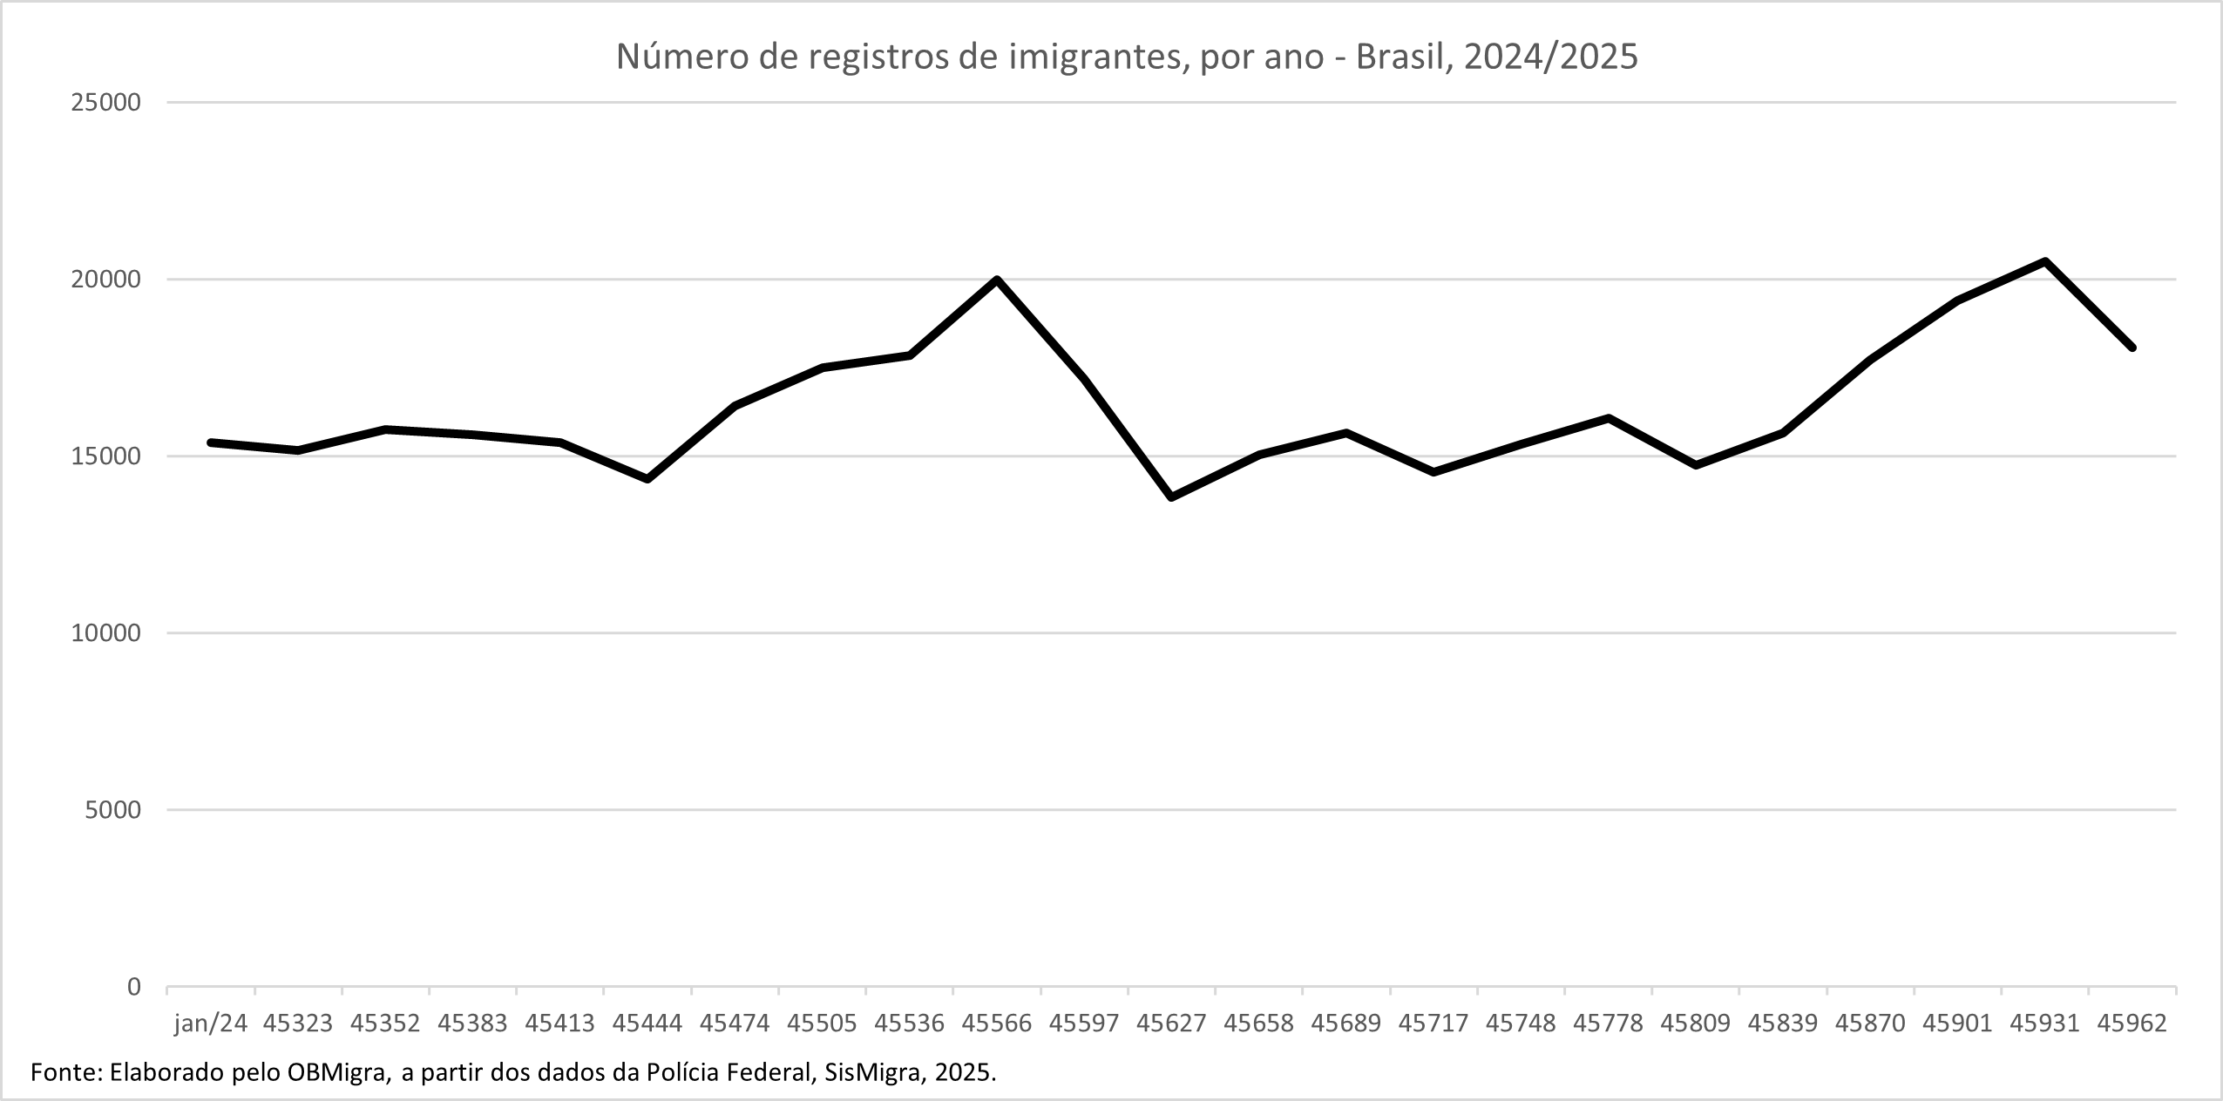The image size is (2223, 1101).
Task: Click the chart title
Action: [x=1127, y=57]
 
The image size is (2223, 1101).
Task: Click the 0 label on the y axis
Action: [x=133, y=987]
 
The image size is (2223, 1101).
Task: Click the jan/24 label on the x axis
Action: [x=211, y=1023]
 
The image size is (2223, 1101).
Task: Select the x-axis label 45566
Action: [x=997, y=1023]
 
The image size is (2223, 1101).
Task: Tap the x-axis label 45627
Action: [x=1171, y=1023]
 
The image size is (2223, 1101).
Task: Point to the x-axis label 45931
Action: [x=2044, y=1023]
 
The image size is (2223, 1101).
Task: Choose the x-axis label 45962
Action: [x=2132, y=1023]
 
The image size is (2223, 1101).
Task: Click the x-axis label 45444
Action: [x=647, y=1023]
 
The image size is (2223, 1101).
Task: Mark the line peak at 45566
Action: [x=997, y=280]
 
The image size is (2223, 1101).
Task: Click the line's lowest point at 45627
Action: [x=1171, y=497]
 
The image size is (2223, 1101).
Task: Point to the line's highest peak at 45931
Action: [x=2044, y=261]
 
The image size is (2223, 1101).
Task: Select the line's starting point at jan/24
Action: [x=211, y=442]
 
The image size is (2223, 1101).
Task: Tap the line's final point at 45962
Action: [x=2132, y=348]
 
